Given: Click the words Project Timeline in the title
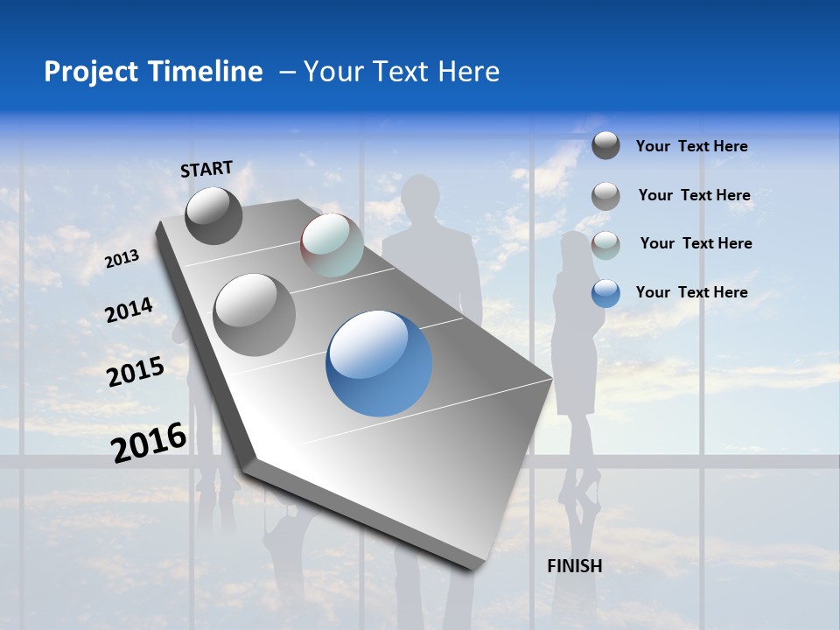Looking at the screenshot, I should click(153, 72).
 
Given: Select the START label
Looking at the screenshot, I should click(206, 169).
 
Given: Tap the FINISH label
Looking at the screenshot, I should click(574, 566).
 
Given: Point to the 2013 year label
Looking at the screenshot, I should click(122, 258).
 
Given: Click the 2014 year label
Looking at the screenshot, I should click(129, 311).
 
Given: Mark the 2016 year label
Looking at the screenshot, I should click(149, 442).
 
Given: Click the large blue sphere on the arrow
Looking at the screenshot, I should click(379, 363).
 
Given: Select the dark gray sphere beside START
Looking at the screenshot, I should click(213, 215).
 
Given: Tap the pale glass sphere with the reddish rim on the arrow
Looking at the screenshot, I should click(332, 245).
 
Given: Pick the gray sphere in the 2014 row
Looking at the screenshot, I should click(254, 314).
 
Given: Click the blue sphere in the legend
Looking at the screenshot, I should click(605, 293).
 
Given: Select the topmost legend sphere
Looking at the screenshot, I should click(605, 145).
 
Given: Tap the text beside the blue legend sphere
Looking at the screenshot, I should click(691, 292).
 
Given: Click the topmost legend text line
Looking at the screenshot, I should click(691, 146).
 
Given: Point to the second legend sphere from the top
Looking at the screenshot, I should click(605, 196).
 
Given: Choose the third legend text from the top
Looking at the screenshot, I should click(696, 243).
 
